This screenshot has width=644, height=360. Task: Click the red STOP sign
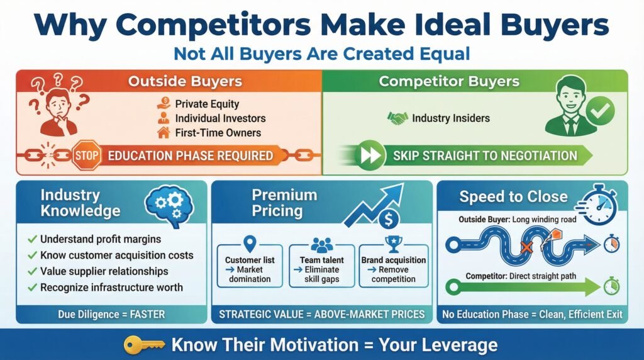click(87, 155)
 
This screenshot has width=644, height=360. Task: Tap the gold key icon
click(144, 345)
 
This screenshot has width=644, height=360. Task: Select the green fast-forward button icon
click(370, 155)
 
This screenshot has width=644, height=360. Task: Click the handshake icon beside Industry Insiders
click(397, 118)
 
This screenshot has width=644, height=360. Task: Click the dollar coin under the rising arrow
click(388, 219)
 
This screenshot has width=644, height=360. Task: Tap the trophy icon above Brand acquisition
click(394, 244)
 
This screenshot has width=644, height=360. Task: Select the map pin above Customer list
click(250, 244)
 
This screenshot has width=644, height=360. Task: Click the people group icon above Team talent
click(322, 245)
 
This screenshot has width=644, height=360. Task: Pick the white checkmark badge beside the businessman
click(599, 110)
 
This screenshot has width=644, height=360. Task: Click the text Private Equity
click(207, 104)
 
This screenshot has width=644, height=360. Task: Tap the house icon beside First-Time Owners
click(164, 132)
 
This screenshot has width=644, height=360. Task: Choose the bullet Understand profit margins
click(101, 239)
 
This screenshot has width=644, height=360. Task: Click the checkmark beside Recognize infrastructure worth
click(32, 287)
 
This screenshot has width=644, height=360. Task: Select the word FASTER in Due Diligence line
click(147, 315)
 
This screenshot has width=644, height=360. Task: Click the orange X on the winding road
click(526, 247)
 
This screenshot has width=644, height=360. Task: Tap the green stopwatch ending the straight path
click(611, 286)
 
